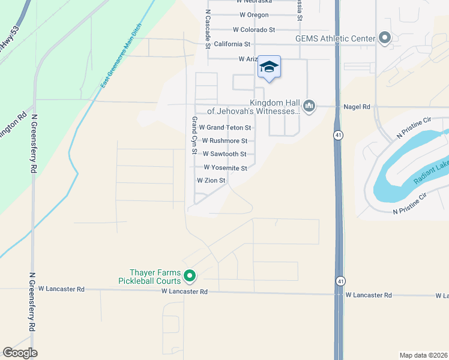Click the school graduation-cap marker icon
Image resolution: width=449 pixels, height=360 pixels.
pos(269,67)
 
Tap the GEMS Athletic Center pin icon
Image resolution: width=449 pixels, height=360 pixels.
pos(385,39)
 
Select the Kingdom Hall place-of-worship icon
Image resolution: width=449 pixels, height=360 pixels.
pos(309,106)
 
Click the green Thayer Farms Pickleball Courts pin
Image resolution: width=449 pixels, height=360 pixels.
pos(190,276)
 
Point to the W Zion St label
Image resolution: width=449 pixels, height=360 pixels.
pos(211,181)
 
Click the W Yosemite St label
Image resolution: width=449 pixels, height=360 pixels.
pos(225,168)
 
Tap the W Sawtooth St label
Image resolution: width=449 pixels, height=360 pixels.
pos(224,154)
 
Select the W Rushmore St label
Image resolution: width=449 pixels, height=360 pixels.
pos(224,141)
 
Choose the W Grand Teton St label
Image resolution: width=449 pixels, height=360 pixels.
pos(224,127)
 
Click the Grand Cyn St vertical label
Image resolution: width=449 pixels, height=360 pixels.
pos(194,135)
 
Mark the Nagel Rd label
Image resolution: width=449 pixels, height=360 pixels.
pos(357,106)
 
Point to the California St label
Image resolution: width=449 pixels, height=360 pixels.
pos(232,44)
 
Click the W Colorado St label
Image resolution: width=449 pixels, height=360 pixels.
pos(253,29)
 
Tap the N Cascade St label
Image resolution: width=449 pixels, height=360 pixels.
pos(208,28)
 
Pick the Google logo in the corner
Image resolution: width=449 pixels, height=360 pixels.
pos(20,353)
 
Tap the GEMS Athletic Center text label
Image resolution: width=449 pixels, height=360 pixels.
pos(335,39)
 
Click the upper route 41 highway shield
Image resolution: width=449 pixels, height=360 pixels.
pos(339,136)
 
